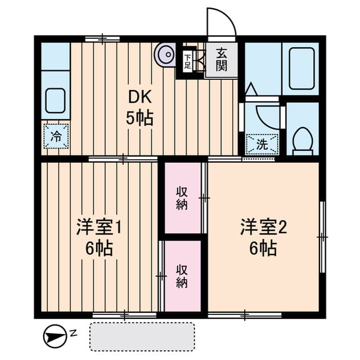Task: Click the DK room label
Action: [140, 97]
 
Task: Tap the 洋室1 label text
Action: [99, 227]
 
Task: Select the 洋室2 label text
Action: [263, 227]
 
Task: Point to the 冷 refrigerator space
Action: [56, 136]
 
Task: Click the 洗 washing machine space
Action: [262, 144]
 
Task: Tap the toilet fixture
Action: [303, 141]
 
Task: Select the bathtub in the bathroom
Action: [301, 69]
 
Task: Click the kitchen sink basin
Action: [55, 101]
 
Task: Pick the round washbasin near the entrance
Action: [165, 55]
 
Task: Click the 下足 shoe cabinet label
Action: [187, 61]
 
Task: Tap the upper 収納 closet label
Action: [182, 198]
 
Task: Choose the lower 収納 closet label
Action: [182, 276]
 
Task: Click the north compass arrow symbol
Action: [55, 336]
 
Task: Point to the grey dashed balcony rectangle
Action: [142, 337]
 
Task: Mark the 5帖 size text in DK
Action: [139, 118]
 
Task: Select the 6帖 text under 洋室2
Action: [263, 248]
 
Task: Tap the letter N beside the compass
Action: [74, 333]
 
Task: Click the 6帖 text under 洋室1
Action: [99, 248]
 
